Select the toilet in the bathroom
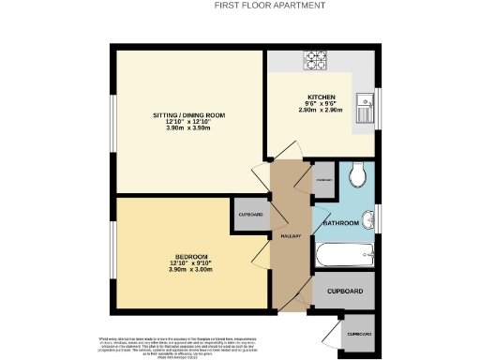[357, 175]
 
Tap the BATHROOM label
[341, 224]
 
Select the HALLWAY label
[290, 235]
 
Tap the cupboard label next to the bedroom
[250, 215]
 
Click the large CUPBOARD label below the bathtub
[344, 292]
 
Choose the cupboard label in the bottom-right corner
[359, 334]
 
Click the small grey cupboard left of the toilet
[324, 179]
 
